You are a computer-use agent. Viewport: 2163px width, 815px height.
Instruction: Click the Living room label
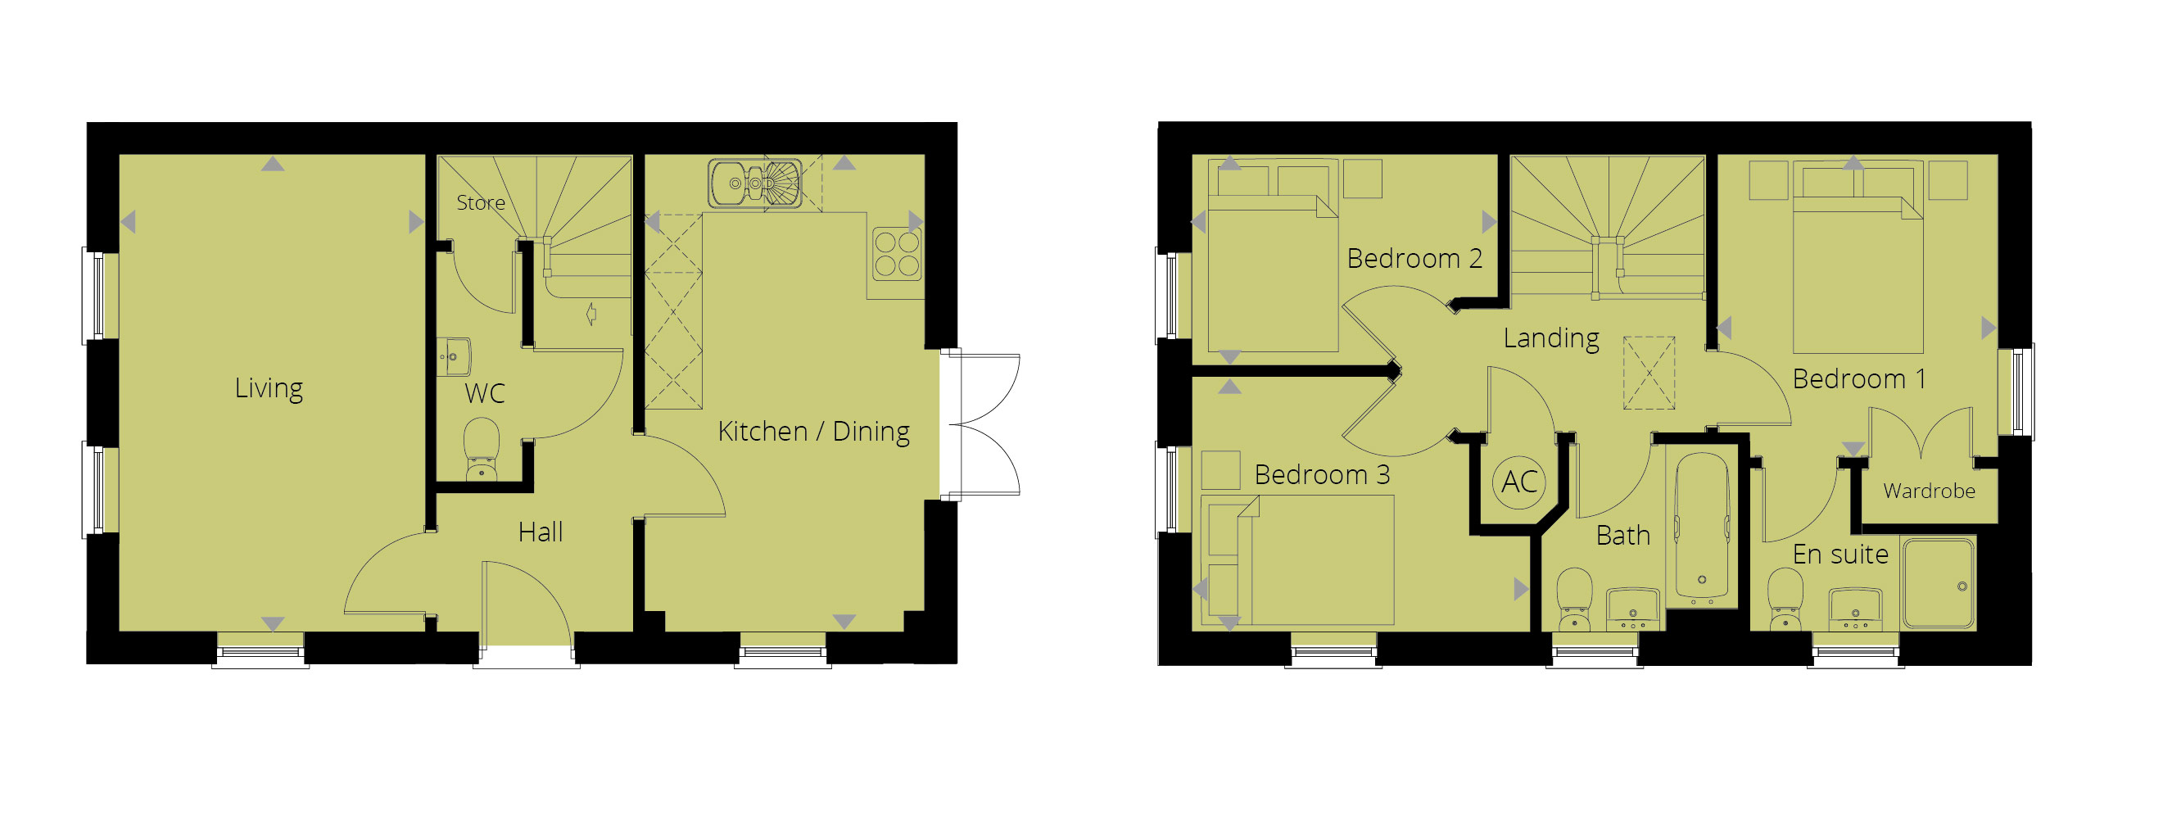pyautogui.click(x=269, y=387)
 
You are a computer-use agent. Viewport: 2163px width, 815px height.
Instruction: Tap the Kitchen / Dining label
pyautogui.click(x=812, y=432)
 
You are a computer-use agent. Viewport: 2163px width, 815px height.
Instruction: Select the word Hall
pyautogui.click(x=540, y=532)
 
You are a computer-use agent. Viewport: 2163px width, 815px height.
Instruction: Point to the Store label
pyautogui.click(x=480, y=202)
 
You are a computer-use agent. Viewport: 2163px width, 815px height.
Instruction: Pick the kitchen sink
pyautogui.click(x=754, y=183)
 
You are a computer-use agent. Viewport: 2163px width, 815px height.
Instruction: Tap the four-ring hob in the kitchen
pyautogui.click(x=897, y=253)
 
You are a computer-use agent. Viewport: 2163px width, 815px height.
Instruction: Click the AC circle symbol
pyautogui.click(x=1518, y=482)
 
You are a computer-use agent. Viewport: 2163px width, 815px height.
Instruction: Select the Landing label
pyautogui.click(x=1551, y=338)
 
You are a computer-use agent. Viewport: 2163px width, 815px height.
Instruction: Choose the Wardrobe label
pyautogui.click(x=1929, y=491)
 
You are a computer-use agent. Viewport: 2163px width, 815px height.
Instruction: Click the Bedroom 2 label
pyautogui.click(x=1414, y=259)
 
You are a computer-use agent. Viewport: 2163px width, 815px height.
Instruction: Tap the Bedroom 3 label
pyautogui.click(x=1322, y=475)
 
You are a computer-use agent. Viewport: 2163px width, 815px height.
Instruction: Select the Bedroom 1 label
pyautogui.click(x=1859, y=379)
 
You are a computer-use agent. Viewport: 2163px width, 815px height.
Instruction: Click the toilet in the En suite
pyautogui.click(x=1785, y=598)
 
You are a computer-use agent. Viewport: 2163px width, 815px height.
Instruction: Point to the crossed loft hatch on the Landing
pyautogui.click(x=1649, y=374)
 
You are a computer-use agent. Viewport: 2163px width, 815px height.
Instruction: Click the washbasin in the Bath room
pyautogui.click(x=1632, y=608)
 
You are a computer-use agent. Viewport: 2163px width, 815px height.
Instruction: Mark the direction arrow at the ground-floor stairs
pyautogui.click(x=591, y=314)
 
